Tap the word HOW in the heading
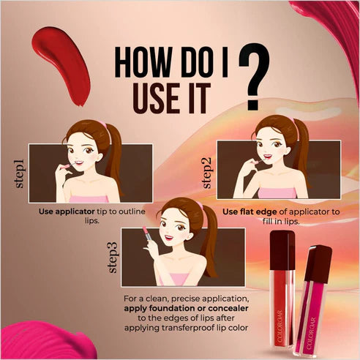coord(142,62)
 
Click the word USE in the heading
coord(157,98)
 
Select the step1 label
coord(20,173)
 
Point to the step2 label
coord(207,173)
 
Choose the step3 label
coord(113,258)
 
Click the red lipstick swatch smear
coord(61,65)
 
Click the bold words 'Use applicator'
coord(67,211)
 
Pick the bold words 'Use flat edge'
coord(250,211)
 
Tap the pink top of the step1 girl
coord(89,199)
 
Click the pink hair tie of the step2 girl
coord(292,119)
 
